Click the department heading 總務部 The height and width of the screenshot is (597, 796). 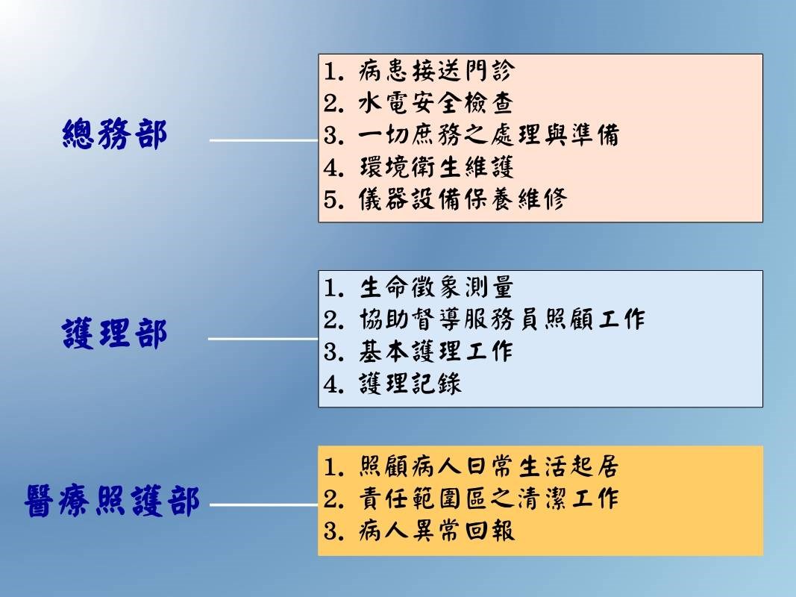pyautogui.click(x=115, y=134)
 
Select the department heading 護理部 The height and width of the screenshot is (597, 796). pyautogui.click(x=115, y=334)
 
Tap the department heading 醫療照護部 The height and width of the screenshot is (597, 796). pyautogui.click(x=112, y=501)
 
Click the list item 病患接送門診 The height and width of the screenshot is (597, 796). pyautogui.click(x=436, y=71)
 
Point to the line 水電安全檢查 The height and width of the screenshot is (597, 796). pyautogui.click(x=436, y=102)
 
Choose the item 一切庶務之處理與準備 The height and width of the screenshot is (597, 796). pyautogui.click(x=489, y=134)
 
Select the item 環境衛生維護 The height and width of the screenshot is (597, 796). pyautogui.click(x=436, y=167)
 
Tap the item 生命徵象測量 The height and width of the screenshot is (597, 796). pyautogui.click(x=436, y=287)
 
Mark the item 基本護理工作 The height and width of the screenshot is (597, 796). pyautogui.click(x=436, y=351)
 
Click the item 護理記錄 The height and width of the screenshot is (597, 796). pyautogui.click(x=410, y=384)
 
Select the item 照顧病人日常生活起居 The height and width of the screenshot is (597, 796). pyautogui.click(x=489, y=466)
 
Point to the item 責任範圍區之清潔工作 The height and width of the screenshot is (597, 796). pyautogui.click(x=489, y=498)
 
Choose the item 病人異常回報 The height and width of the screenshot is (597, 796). pyautogui.click(x=436, y=531)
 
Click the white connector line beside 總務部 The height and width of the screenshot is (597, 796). pyautogui.click(x=264, y=140)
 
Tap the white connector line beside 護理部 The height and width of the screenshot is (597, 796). pyautogui.click(x=263, y=339)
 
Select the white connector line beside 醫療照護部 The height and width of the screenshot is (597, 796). pyautogui.click(x=264, y=504)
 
